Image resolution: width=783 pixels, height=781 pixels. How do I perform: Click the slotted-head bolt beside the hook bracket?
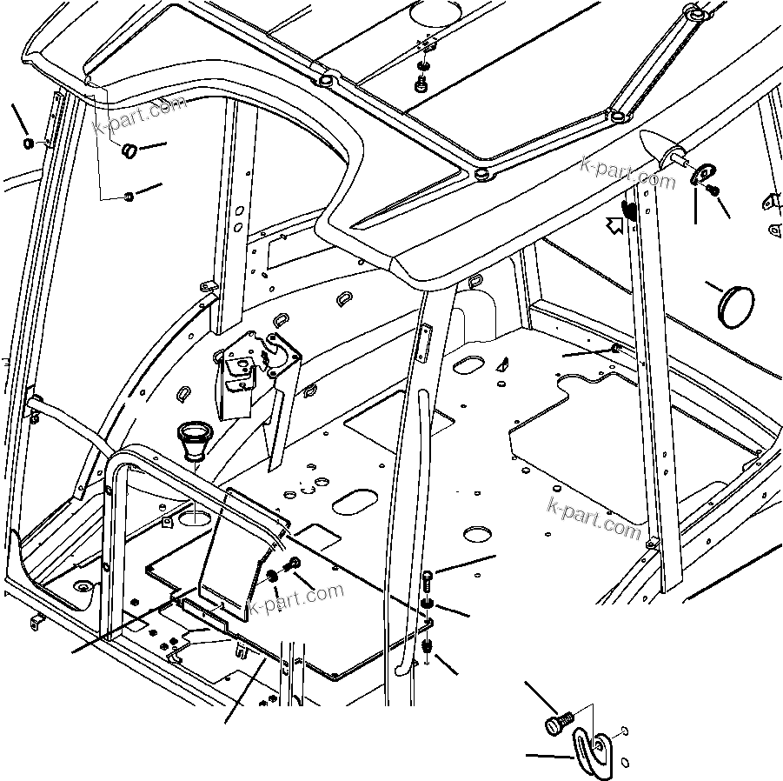tap(556, 723)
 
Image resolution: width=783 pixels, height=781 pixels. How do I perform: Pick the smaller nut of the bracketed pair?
tap(128, 197)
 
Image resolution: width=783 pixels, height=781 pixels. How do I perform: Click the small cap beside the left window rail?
tap(28, 143)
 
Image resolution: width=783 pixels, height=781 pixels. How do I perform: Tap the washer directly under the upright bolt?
tap(428, 604)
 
